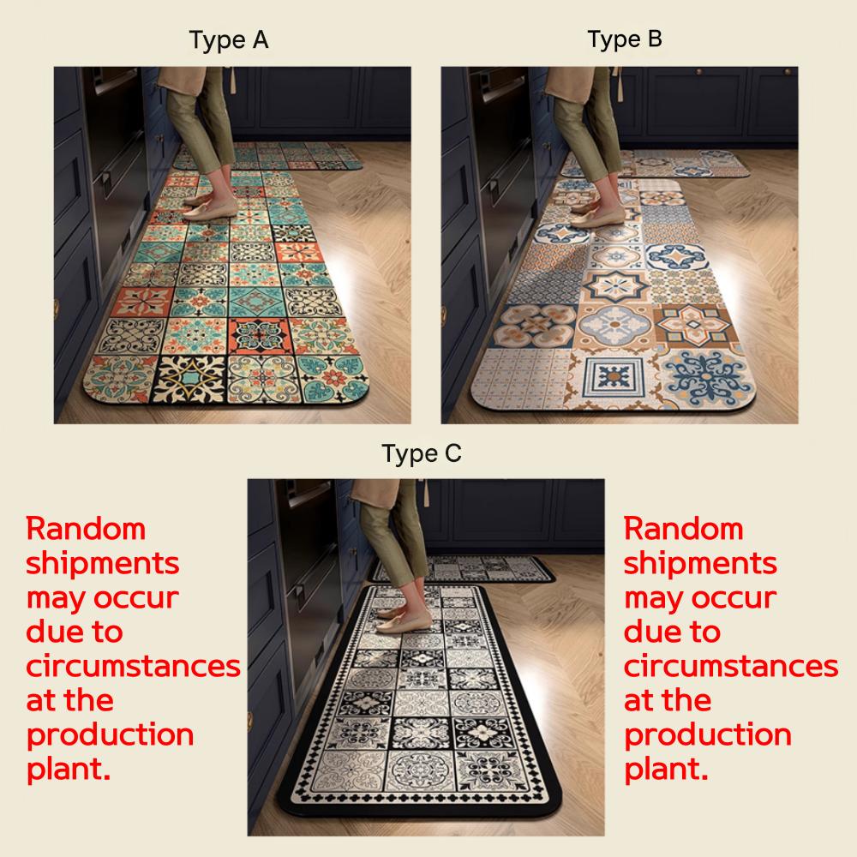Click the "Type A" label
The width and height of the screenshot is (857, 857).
229,40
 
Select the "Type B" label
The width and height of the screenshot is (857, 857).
625,39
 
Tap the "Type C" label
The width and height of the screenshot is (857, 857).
422,453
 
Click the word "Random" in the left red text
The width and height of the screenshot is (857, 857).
86,529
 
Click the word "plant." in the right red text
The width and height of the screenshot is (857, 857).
666,769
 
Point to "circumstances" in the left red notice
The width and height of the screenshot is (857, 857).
134,666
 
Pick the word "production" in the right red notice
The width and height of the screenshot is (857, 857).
708,735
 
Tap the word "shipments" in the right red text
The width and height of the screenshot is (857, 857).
700,564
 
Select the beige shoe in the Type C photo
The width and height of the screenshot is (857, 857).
405,622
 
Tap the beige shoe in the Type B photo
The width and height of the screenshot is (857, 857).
596,218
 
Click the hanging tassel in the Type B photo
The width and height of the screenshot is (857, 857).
620,85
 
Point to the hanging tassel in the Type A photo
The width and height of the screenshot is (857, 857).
233,81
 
